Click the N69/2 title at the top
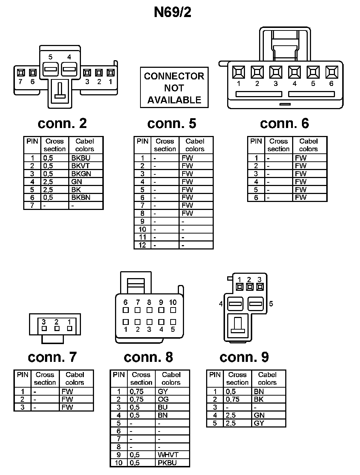(172, 12)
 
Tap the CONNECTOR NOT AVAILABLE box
(174, 88)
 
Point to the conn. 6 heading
(284, 124)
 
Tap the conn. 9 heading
(244, 357)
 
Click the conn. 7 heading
(52, 357)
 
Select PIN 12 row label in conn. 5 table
(142, 245)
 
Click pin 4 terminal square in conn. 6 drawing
(294, 72)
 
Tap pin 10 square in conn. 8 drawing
(173, 310)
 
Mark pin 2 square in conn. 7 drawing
(57, 329)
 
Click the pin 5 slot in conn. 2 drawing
(50, 68)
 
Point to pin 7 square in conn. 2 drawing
(20, 73)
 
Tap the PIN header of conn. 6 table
(256, 141)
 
